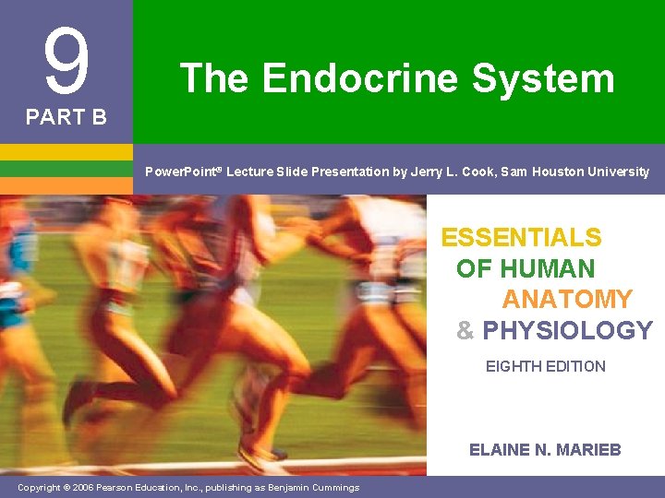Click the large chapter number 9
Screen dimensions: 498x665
click(x=66, y=63)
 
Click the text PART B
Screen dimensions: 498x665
click(x=66, y=118)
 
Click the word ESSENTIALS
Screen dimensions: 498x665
click(x=521, y=238)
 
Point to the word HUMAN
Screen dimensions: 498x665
click(x=547, y=269)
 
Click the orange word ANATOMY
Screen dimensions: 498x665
click(x=567, y=300)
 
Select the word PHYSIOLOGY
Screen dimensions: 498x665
click(x=567, y=330)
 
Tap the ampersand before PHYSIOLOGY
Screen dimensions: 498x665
click(x=465, y=330)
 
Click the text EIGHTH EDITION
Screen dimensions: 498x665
click(x=546, y=366)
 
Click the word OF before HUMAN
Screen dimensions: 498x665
click(x=474, y=269)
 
